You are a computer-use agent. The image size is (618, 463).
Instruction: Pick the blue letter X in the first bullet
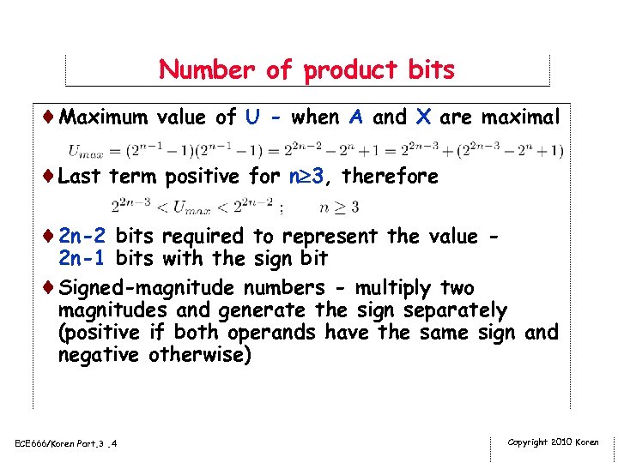pos(422,117)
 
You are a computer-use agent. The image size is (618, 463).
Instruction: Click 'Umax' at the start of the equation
pos(85,152)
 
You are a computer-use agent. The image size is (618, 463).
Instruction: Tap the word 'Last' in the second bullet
pos(81,177)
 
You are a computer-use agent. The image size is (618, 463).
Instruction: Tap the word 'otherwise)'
pos(200,354)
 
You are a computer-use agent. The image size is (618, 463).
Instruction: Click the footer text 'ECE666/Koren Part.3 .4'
pos(66,442)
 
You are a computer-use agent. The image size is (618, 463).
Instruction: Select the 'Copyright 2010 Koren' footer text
pos(553,442)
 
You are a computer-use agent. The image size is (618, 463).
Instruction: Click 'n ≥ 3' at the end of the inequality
pos(338,207)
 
